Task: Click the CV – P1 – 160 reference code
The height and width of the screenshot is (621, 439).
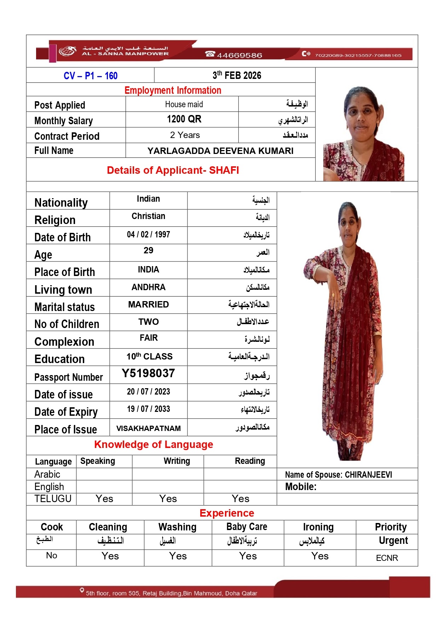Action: [91, 76]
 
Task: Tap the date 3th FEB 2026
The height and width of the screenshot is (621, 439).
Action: [237, 75]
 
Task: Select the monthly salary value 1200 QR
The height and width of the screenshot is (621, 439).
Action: [184, 119]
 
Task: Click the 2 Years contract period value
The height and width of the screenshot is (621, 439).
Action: [185, 135]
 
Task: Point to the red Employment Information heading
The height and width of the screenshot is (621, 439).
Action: [173, 91]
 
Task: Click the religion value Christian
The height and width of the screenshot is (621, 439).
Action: [148, 216]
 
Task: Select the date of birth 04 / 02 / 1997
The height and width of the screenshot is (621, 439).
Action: [148, 235]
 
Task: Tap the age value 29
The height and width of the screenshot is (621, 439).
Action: [148, 251]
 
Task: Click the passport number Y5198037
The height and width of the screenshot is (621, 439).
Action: [148, 373]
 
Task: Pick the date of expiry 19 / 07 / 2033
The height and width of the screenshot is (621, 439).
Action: [148, 409]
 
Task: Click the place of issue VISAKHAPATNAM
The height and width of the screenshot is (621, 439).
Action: [148, 429]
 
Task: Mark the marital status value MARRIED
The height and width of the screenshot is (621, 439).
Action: [148, 305]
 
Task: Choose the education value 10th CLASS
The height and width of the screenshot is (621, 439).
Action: [149, 356]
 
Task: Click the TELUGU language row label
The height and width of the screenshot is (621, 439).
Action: [53, 499]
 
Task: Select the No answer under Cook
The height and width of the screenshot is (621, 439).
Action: [52, 556]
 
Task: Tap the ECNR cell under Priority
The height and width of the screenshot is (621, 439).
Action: [387, 558]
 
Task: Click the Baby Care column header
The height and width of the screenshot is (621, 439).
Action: [247, 527]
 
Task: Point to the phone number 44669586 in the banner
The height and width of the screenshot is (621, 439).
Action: [239, 55]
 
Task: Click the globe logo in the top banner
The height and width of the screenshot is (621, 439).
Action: [67, 51]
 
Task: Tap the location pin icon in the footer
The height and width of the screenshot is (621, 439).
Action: [82, 590]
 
